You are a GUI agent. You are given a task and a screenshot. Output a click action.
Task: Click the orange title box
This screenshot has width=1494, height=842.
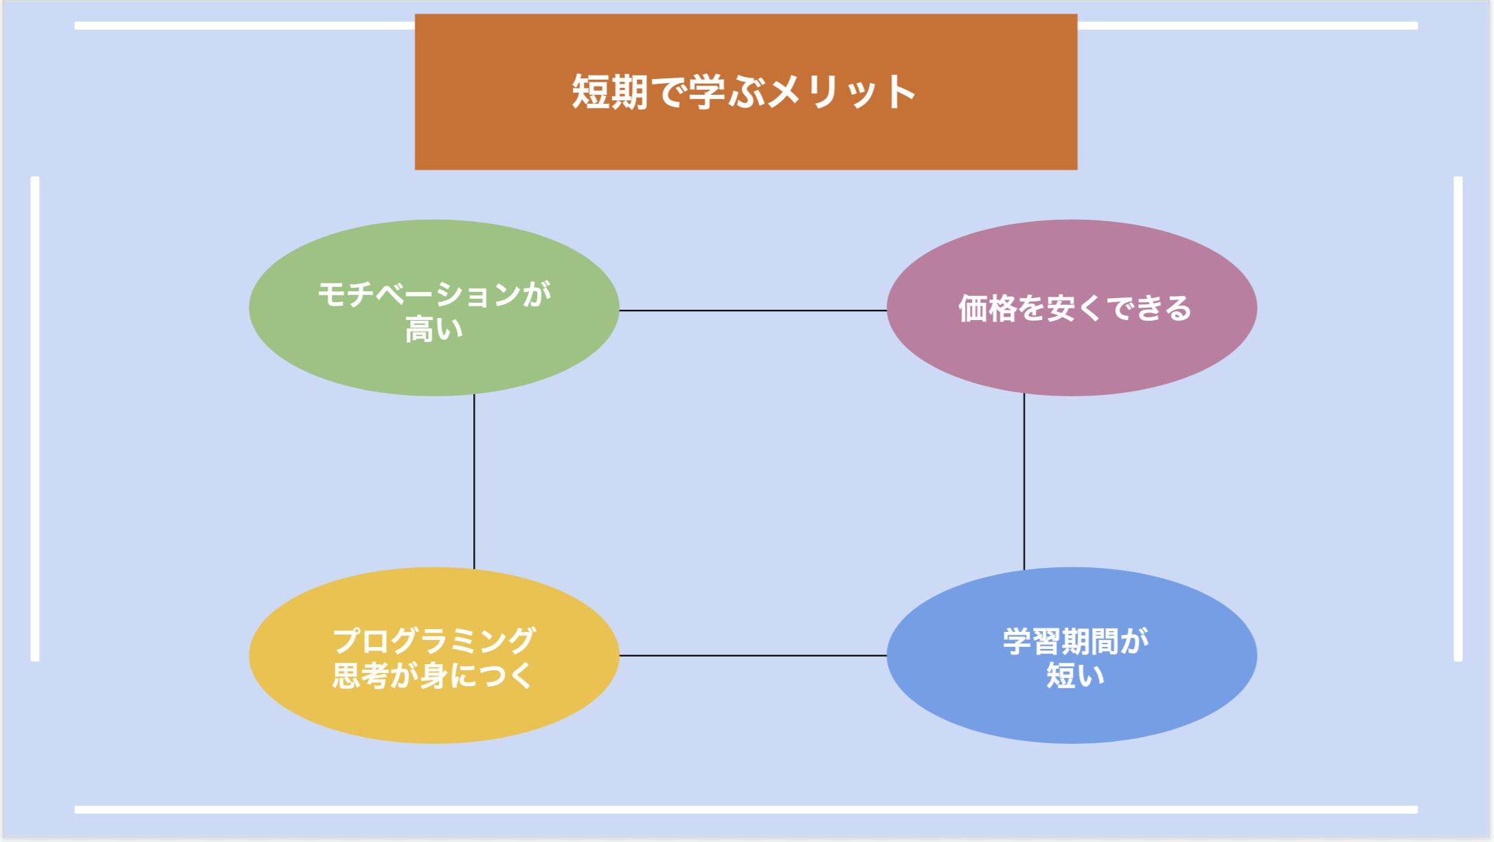pos(746,92)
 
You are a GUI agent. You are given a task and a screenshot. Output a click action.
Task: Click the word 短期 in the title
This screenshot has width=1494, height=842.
pos(610,92)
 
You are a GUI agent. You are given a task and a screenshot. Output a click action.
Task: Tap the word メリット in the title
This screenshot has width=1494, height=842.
pos(842,92)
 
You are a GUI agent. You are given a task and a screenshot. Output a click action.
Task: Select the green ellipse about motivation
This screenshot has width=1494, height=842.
pos(434,308)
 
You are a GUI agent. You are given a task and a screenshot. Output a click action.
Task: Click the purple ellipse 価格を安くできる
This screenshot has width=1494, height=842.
pos(1072,308)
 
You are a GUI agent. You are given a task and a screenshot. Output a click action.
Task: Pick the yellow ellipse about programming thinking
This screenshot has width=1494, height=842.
pos(434,655)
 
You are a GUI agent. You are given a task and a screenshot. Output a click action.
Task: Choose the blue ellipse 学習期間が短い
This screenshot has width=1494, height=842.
pos(1072,655)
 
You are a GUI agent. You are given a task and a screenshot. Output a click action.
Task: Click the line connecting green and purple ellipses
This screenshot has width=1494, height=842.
pos(753,310)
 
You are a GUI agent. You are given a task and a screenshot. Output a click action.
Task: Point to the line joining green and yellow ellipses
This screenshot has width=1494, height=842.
pos(474,481)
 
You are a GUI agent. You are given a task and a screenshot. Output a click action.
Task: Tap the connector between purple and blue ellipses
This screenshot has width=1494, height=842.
pos(1024,481)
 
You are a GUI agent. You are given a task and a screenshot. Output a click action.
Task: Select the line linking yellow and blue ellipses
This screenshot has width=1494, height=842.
pos(753,655)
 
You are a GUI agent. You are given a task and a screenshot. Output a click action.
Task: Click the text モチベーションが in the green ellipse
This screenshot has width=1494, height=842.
pos(434,294)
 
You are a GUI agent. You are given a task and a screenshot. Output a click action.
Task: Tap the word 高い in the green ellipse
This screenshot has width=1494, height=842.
pos(434,329)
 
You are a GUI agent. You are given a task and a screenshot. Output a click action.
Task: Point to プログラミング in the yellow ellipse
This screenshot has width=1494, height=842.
pos(434,641)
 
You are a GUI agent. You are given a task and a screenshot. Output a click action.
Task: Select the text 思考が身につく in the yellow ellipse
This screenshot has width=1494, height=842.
pos(433,675)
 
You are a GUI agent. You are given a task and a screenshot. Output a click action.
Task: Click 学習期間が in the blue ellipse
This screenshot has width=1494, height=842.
pos(1076,641)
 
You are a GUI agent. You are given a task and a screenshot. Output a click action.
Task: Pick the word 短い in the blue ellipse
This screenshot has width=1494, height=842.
pos(1076,675)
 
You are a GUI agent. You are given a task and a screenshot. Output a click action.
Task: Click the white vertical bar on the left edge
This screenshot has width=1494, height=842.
pos(35,419)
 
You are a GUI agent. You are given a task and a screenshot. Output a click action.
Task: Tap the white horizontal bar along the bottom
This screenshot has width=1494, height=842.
pos(746,810)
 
